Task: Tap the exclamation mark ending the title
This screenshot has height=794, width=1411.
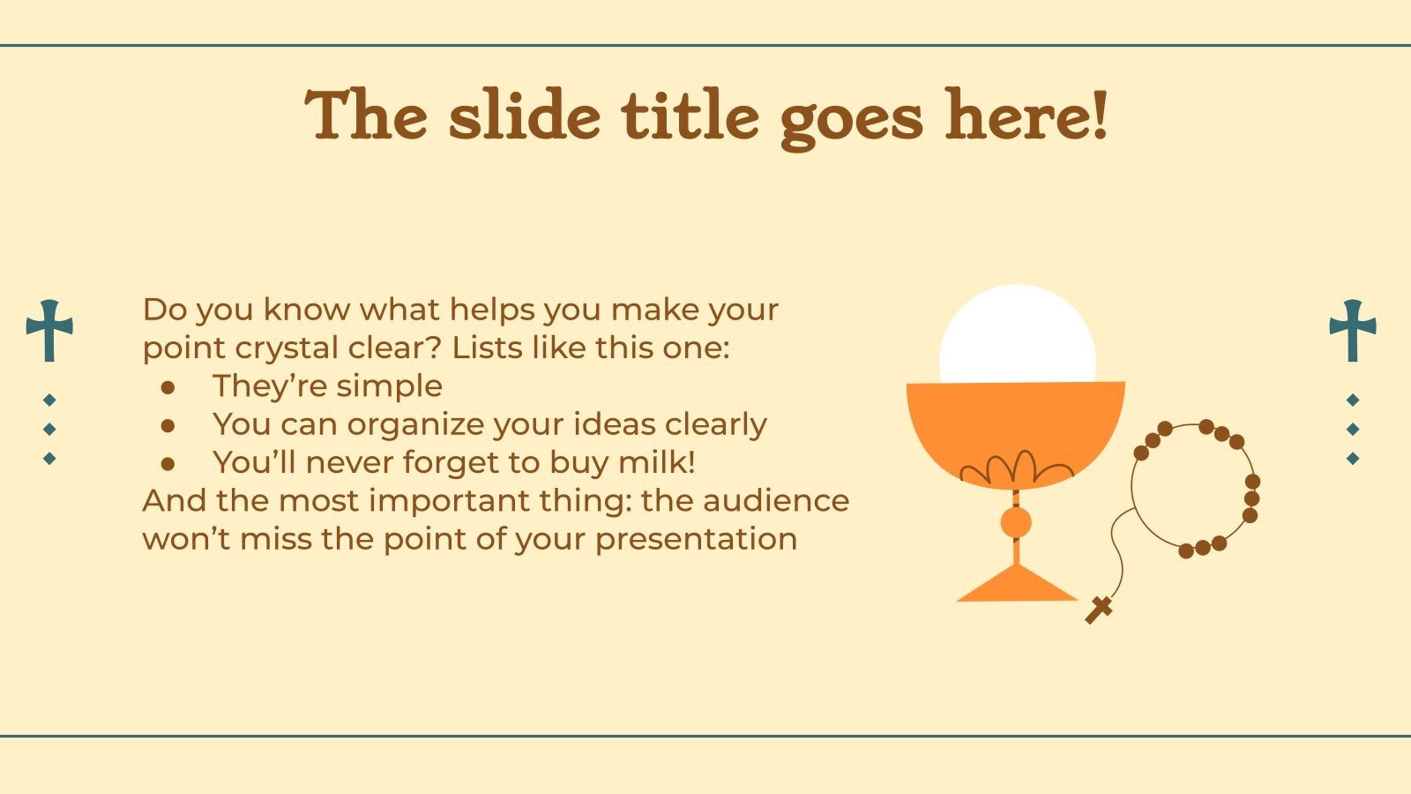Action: [1099, 115]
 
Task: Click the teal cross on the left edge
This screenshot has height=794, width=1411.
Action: [49, 331]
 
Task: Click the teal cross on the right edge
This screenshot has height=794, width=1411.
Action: [1353, 331]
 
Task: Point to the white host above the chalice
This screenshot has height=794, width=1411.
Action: [1018, 334]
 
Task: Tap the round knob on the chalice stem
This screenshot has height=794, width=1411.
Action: [1015, 522]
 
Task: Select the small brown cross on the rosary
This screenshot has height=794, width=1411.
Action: [1099, 610]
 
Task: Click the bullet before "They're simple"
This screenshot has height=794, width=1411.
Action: [168, 387]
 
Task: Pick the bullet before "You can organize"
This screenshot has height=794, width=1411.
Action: [168, 426]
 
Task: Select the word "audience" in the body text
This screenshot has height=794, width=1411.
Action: [776, 500]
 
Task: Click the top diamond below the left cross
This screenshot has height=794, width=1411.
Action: [49, 401]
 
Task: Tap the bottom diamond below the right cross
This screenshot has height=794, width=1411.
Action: [1353, 458]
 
